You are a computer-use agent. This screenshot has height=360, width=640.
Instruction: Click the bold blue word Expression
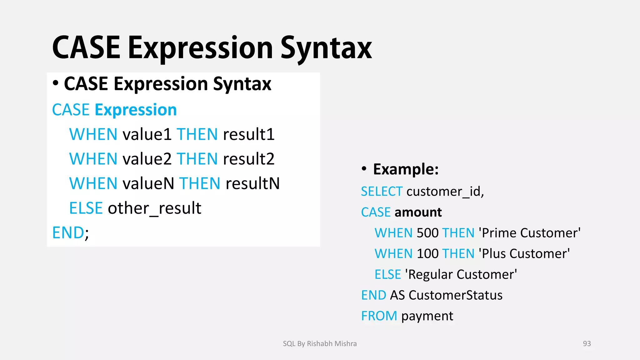[136, 110]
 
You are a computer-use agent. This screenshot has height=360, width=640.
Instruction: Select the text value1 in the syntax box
[147, 134]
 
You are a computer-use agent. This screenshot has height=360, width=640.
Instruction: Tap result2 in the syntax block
[248, 159]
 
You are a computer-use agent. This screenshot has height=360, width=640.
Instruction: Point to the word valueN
[148, 183]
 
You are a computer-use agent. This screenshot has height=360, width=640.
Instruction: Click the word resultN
[252, 183]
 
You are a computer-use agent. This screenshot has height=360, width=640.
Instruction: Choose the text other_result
[154, 208]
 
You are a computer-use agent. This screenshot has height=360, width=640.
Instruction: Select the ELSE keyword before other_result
[86, 208]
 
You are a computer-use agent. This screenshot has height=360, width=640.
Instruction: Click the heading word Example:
[406, 169]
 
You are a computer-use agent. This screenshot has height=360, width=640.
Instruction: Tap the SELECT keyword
[382, 192]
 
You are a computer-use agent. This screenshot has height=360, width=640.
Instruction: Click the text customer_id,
[445, 192]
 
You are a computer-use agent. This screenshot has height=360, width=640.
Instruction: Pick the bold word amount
[418, 212]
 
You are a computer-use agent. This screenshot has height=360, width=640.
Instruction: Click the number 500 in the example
[427, 233]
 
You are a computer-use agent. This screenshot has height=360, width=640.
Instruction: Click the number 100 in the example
[427, 254]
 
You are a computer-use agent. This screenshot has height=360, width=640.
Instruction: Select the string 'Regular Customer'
[461, 275]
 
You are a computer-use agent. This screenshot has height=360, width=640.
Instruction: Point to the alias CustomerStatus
[455, 295]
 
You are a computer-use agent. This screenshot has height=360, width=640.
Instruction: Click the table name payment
[427, 316]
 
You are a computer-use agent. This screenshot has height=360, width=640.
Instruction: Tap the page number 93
[587, 344]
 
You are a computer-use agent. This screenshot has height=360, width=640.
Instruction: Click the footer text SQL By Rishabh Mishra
[320, 344]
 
